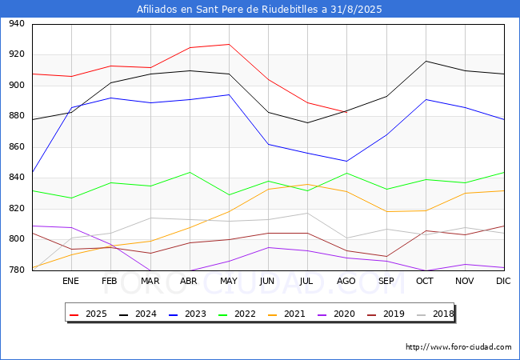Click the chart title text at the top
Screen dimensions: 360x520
[x=260, y=10]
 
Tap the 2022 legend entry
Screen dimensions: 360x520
[x=235, y=314]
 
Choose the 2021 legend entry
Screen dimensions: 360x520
[x=284, y=314]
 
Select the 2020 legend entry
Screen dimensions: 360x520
[x=333, y=314]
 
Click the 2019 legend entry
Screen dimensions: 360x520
[x=382, y=314]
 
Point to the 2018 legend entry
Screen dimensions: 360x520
[x=430, y=314]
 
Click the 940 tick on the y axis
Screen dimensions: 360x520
[x=16, y=24]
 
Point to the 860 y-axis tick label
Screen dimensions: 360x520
[x=16, y=147]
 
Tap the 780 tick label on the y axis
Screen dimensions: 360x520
[x=16, y=270]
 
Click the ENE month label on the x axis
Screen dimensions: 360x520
[x=71, y=282]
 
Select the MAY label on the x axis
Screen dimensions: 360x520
[x=229, y=282]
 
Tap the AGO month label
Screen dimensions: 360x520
[x=346, y=282]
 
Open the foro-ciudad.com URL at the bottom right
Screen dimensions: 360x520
[x=458, y=347]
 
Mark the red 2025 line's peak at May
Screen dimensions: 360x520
[x=229, y=44]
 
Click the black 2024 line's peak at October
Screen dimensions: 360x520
[x=426, y=61]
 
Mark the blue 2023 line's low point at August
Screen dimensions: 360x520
[x=346, y=161]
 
